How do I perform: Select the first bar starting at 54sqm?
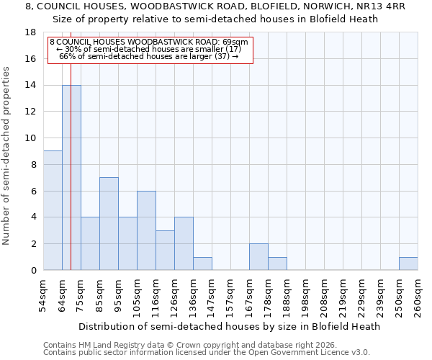(x=53, y=210)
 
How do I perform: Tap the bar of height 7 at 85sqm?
(x=109, y=223)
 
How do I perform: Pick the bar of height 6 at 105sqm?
(x=146, y=230)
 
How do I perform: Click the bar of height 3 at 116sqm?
(x=165, y=250)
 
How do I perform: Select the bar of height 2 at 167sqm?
(x=258, y=256)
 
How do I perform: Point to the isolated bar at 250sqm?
(x=408, y=264)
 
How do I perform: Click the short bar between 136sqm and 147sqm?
(x=202, y=264)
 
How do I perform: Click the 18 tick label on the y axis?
(x=30, y=32)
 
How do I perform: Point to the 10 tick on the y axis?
(x=30, y=138)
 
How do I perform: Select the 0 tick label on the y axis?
(x=33, y=270)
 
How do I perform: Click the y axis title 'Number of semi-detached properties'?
(x=7, y=156)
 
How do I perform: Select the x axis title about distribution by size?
(x=229, y=326)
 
